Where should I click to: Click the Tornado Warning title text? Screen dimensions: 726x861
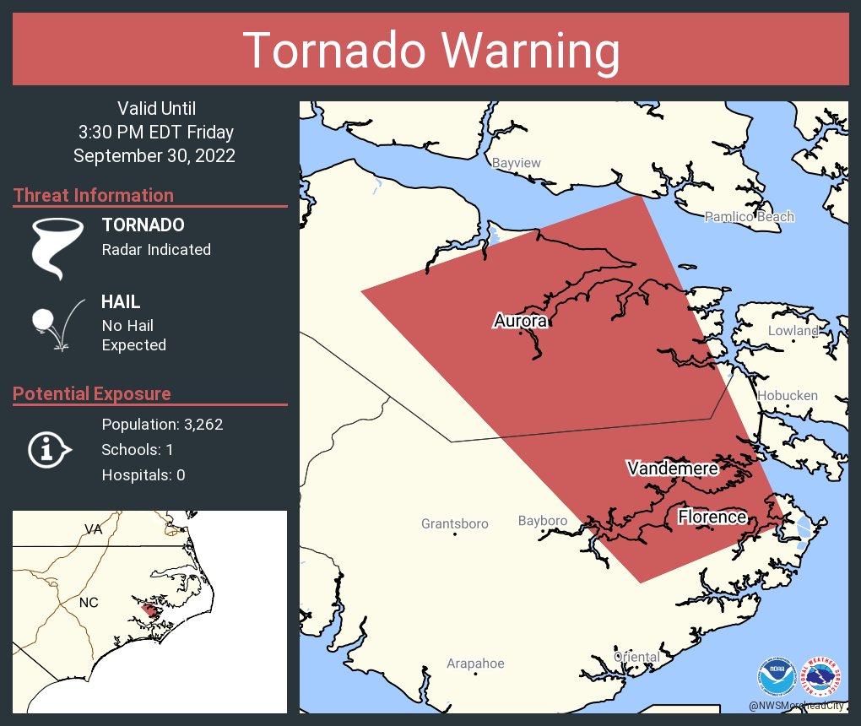click(x=430, y=51)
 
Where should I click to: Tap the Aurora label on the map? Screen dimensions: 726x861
click(x=521, y=321)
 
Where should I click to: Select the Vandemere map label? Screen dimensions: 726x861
click(x=672, y=469)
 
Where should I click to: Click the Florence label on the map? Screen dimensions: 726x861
click(x=712, y=517)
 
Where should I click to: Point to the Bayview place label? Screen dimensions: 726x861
click(x=516, y=163)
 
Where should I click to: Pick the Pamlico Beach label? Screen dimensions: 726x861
click(x=750, y=217)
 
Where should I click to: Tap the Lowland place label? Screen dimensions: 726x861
click(x=793, y=331)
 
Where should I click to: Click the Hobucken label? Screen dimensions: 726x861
click(x=787, y=395)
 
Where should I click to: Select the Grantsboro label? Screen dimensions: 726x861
click(x=454, y=524)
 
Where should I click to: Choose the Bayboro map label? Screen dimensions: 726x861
click(x=542, y=521)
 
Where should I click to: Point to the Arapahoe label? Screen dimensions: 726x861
click(x=475, y=664)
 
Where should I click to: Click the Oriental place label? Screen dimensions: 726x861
click(x=636, y=657)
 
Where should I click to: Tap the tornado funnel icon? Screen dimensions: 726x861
click(x=57, y=248)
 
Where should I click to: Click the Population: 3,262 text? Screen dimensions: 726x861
click(x=162, y=425)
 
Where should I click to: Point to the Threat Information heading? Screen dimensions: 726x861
click(x=94, y=195)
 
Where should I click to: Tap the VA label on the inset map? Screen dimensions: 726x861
click(x=93, y=529)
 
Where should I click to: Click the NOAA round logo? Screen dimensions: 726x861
click(x=777, y=678)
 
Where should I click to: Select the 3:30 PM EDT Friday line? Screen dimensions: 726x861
click(x=155, y=133)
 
